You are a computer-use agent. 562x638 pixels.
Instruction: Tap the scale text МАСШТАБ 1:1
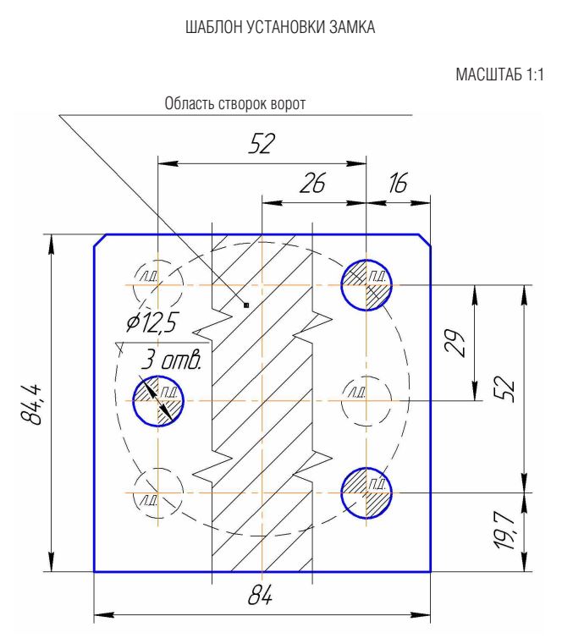[x=499, y=74]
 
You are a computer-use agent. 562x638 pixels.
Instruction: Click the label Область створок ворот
[x=234, y=104]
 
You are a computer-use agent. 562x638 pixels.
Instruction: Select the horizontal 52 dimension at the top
[x=262, y=143]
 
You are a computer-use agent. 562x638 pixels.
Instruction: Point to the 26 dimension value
[x=312, y=183]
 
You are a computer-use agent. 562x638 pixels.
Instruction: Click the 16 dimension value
[x=398, y=183]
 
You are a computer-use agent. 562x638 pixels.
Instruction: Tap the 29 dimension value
[x=454, y=344]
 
